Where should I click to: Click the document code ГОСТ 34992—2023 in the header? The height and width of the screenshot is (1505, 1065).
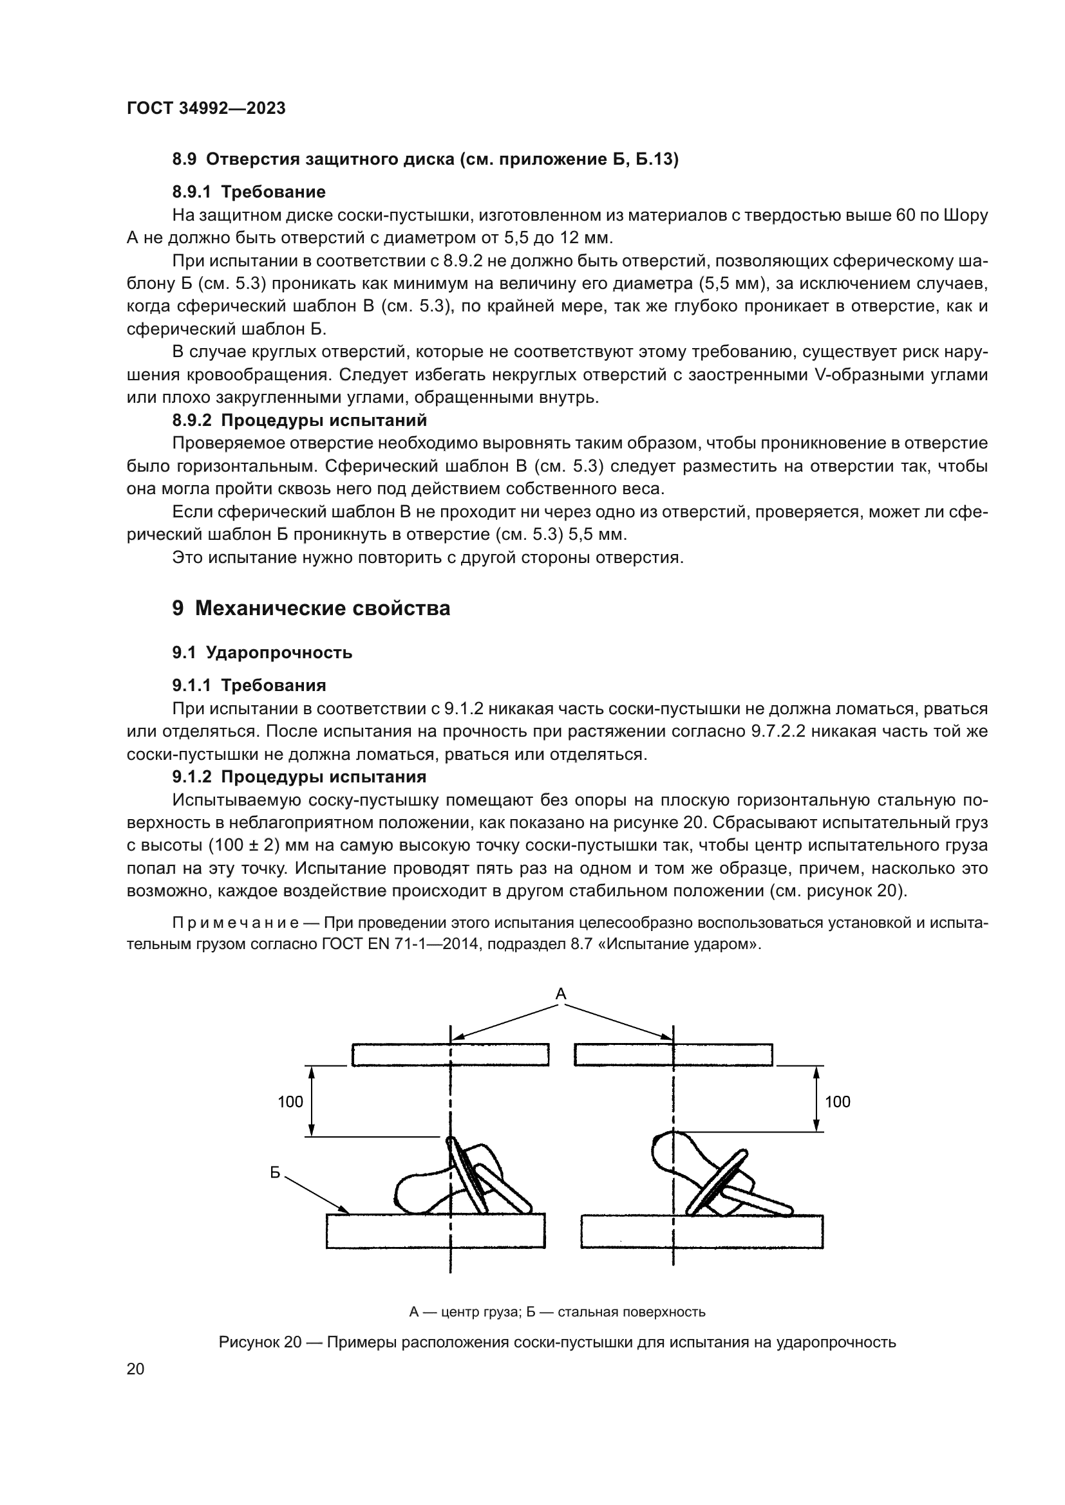pos(206,109)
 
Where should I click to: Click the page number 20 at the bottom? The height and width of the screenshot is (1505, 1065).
pos(135,1369)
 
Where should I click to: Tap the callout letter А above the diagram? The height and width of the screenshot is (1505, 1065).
pos(561,994)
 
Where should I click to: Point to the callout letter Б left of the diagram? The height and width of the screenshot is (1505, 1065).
pos(276,1173)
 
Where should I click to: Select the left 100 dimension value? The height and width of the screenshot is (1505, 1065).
pos(290,1101)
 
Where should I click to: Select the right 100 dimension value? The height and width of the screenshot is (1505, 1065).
pos(838,1101)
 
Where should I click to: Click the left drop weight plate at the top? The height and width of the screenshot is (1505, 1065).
pos(450,1055)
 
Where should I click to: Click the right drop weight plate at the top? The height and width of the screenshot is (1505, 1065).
pos(673,1055)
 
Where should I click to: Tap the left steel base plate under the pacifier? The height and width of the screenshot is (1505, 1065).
pos(435,1230)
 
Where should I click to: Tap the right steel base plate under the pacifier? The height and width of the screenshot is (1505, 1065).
pos(702,1230)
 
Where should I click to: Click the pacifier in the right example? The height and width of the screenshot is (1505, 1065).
pos(715,1177)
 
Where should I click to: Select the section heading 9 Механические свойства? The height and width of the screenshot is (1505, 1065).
pos(312,608)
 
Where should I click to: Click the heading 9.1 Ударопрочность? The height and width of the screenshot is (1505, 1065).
pos(262,652)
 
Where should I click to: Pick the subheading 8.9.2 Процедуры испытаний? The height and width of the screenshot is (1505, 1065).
pos(299,420)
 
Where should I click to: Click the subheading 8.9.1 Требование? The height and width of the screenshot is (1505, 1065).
pos(249,192)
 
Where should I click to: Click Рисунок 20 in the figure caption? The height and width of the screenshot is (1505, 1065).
pos(259,1342)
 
